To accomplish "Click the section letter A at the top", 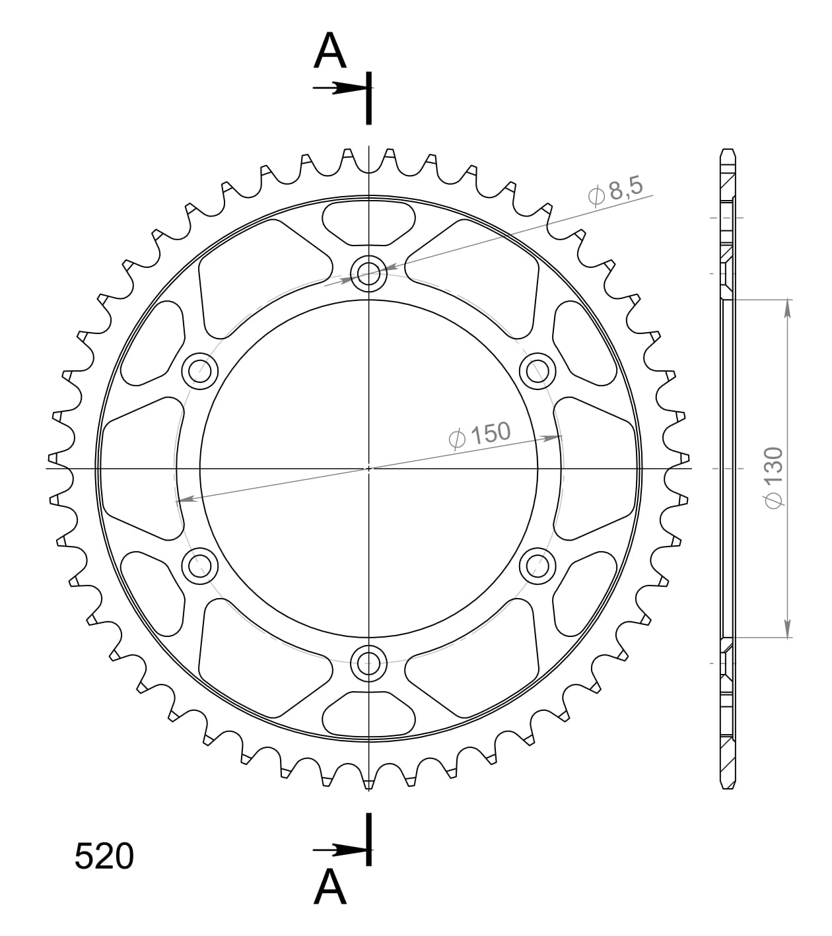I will click(330, 51).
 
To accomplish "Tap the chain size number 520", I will click(104, 857).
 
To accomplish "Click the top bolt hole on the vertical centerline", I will click(368, 272).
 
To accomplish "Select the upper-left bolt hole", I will click(199, 371).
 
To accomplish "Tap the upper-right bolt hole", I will click(537, 371).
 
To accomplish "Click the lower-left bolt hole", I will click(199, 565).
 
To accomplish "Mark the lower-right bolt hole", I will click(537, 565).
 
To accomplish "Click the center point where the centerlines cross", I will click(368, 468).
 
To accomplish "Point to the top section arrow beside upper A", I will click(338, 88).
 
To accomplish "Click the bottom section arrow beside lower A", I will click(338, 849).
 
